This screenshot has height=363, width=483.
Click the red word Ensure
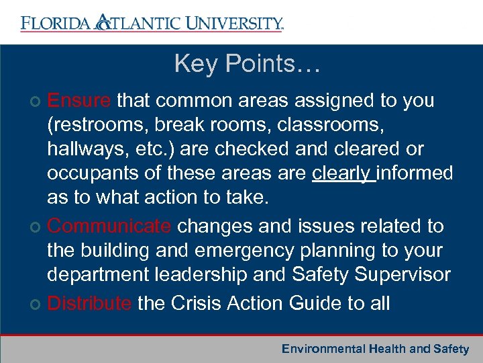point(79,101)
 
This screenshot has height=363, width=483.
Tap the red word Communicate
point(109,227)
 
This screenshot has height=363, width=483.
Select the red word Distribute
point(89,303)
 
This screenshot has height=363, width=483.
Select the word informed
point(415,173)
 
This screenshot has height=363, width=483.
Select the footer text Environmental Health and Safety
point(375,349)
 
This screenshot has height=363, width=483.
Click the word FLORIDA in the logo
point(56,24)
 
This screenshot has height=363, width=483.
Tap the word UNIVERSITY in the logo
point(232,24)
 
